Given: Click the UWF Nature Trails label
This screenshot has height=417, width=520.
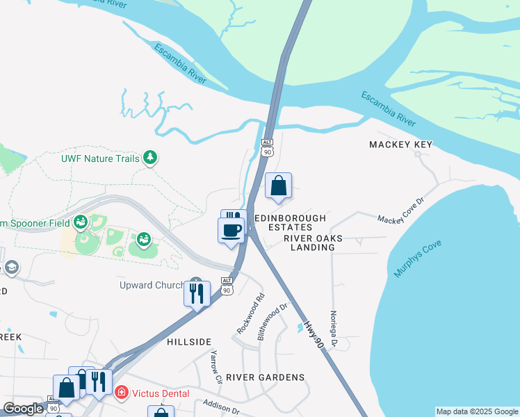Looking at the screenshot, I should [x=100, y=158].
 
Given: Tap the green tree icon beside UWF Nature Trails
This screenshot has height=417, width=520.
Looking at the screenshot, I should [x=149, y=158].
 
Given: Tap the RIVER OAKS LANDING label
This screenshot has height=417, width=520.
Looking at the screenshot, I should [x=309, y=243].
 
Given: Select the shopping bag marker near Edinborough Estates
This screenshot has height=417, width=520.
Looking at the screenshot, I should [x=278, y=186].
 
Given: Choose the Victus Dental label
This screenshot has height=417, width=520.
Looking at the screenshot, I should [x=161, y=393].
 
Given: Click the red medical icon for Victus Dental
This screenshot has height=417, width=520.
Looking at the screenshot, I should [x=122, y=393].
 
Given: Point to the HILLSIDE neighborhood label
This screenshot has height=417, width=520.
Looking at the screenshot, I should [x=189, y=343].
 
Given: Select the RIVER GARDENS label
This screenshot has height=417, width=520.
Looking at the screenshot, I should [x=266, y=377].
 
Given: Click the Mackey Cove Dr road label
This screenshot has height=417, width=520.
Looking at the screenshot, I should [x=400, y=209].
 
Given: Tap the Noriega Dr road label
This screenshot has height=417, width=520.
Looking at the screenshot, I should [x=334, y=329].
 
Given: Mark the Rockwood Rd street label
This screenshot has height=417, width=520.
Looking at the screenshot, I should [x=251, y=313].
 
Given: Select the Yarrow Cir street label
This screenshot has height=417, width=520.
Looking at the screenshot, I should [x=216, y=368].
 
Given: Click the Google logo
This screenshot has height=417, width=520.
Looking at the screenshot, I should [x=23, y=409].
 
